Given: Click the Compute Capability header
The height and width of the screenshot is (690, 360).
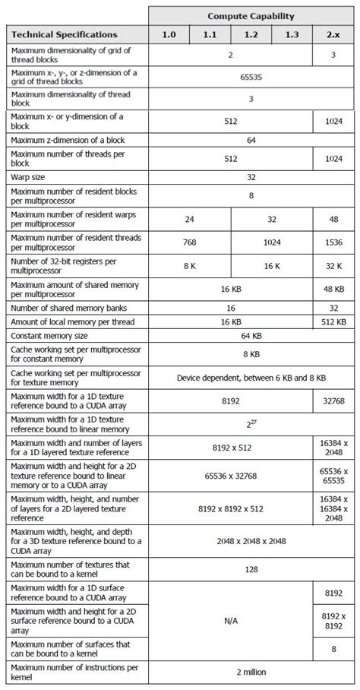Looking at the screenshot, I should point(251,15).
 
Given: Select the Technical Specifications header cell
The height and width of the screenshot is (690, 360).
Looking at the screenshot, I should point(64,35).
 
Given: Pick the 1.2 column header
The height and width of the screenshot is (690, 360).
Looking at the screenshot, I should point(251,35).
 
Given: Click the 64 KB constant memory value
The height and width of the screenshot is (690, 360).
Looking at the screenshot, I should point(251,335).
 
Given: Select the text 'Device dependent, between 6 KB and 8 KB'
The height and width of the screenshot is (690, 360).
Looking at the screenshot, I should point(251,377).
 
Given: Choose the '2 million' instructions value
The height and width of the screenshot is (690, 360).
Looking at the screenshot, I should point(251,671).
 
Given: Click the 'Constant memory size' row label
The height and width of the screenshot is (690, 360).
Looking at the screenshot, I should point(49,335).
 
